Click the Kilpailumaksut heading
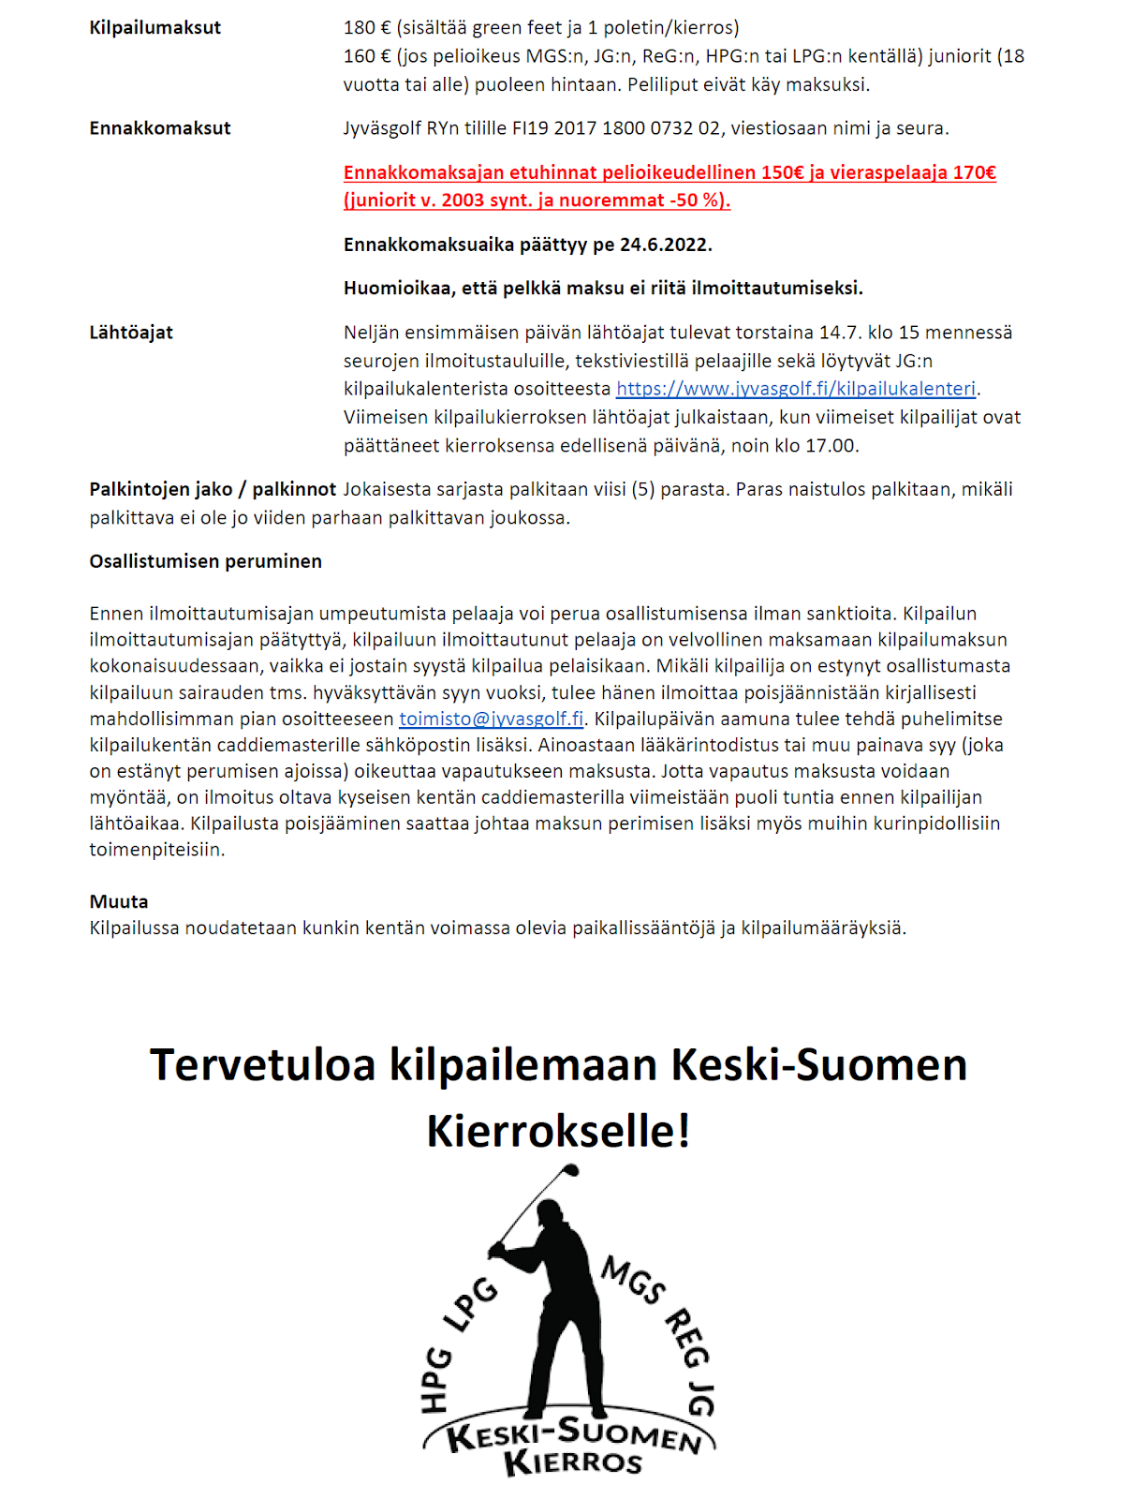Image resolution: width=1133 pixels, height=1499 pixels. (154, 28)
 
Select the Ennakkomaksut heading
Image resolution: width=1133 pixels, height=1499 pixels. (159, 128)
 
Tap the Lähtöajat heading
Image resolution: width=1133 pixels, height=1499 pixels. (131, 333)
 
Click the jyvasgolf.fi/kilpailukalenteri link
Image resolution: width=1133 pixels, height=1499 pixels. (796, 389)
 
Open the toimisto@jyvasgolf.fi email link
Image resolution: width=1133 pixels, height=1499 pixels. (491, 720)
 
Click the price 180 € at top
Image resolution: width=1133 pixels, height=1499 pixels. (360, 28)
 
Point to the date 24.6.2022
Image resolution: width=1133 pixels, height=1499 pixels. (665, 245)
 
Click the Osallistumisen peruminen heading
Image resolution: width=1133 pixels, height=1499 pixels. (205, 561)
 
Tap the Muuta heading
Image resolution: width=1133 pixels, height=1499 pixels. (119, 901)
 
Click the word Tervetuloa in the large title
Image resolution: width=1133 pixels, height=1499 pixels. (263, 1065)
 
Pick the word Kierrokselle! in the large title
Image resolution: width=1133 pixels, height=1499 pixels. (558, 1131)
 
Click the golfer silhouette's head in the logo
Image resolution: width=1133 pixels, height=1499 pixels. (551, 1213)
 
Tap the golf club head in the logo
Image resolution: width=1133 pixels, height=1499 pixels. (572, 1170)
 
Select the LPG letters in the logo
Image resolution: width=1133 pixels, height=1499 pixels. (471, 1303)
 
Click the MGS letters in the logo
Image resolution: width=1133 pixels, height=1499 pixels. (634, 1280)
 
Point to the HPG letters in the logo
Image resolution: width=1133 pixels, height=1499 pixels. (436, 1379)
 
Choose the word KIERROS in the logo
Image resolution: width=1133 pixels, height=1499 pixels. (572, 1462)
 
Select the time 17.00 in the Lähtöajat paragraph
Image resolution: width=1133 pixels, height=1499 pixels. (830, 446)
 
